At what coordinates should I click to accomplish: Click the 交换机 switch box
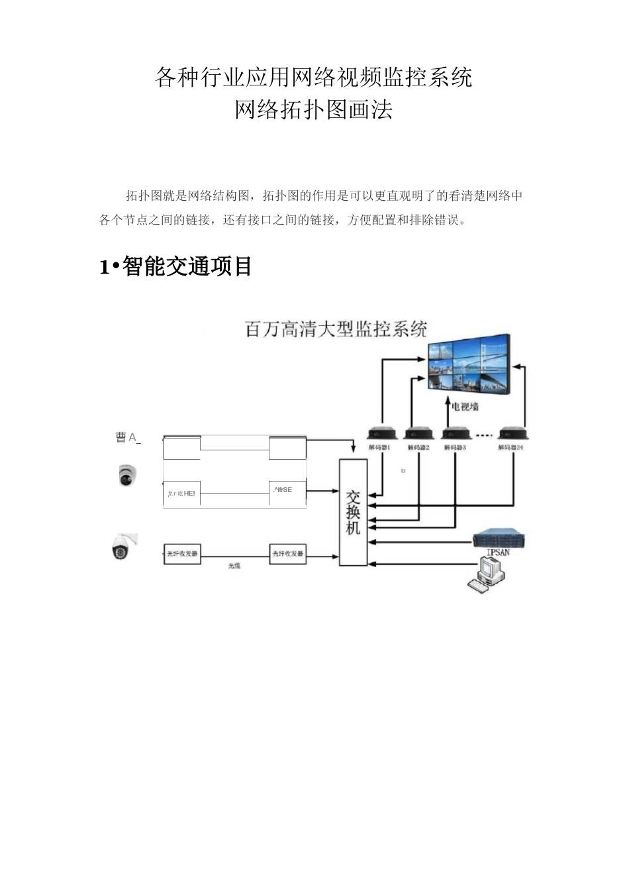tap(353, 511)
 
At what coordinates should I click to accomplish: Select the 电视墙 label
tap(465, 407)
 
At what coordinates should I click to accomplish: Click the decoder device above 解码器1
tap(381, 434)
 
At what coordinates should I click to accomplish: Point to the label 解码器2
tap(418, 448)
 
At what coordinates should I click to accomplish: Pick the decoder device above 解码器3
tap(456, 434)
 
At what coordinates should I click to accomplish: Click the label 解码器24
tap(511, 448)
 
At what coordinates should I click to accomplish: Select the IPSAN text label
tap(498, 552)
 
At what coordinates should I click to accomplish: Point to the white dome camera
tap(128, 474)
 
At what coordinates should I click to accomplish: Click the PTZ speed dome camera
tap(122, 546)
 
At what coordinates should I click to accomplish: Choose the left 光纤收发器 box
tap(182, 554)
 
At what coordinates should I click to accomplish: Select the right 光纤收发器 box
tap(288, 554)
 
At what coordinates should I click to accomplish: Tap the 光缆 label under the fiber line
tap(234, 566)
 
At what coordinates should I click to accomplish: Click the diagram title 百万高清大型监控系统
tap(336, 329)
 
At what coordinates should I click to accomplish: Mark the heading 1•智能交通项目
tap(175, 267)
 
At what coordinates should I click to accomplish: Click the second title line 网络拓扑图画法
tap(314, 109)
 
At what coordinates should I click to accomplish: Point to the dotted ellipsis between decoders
tap(485, 435)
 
